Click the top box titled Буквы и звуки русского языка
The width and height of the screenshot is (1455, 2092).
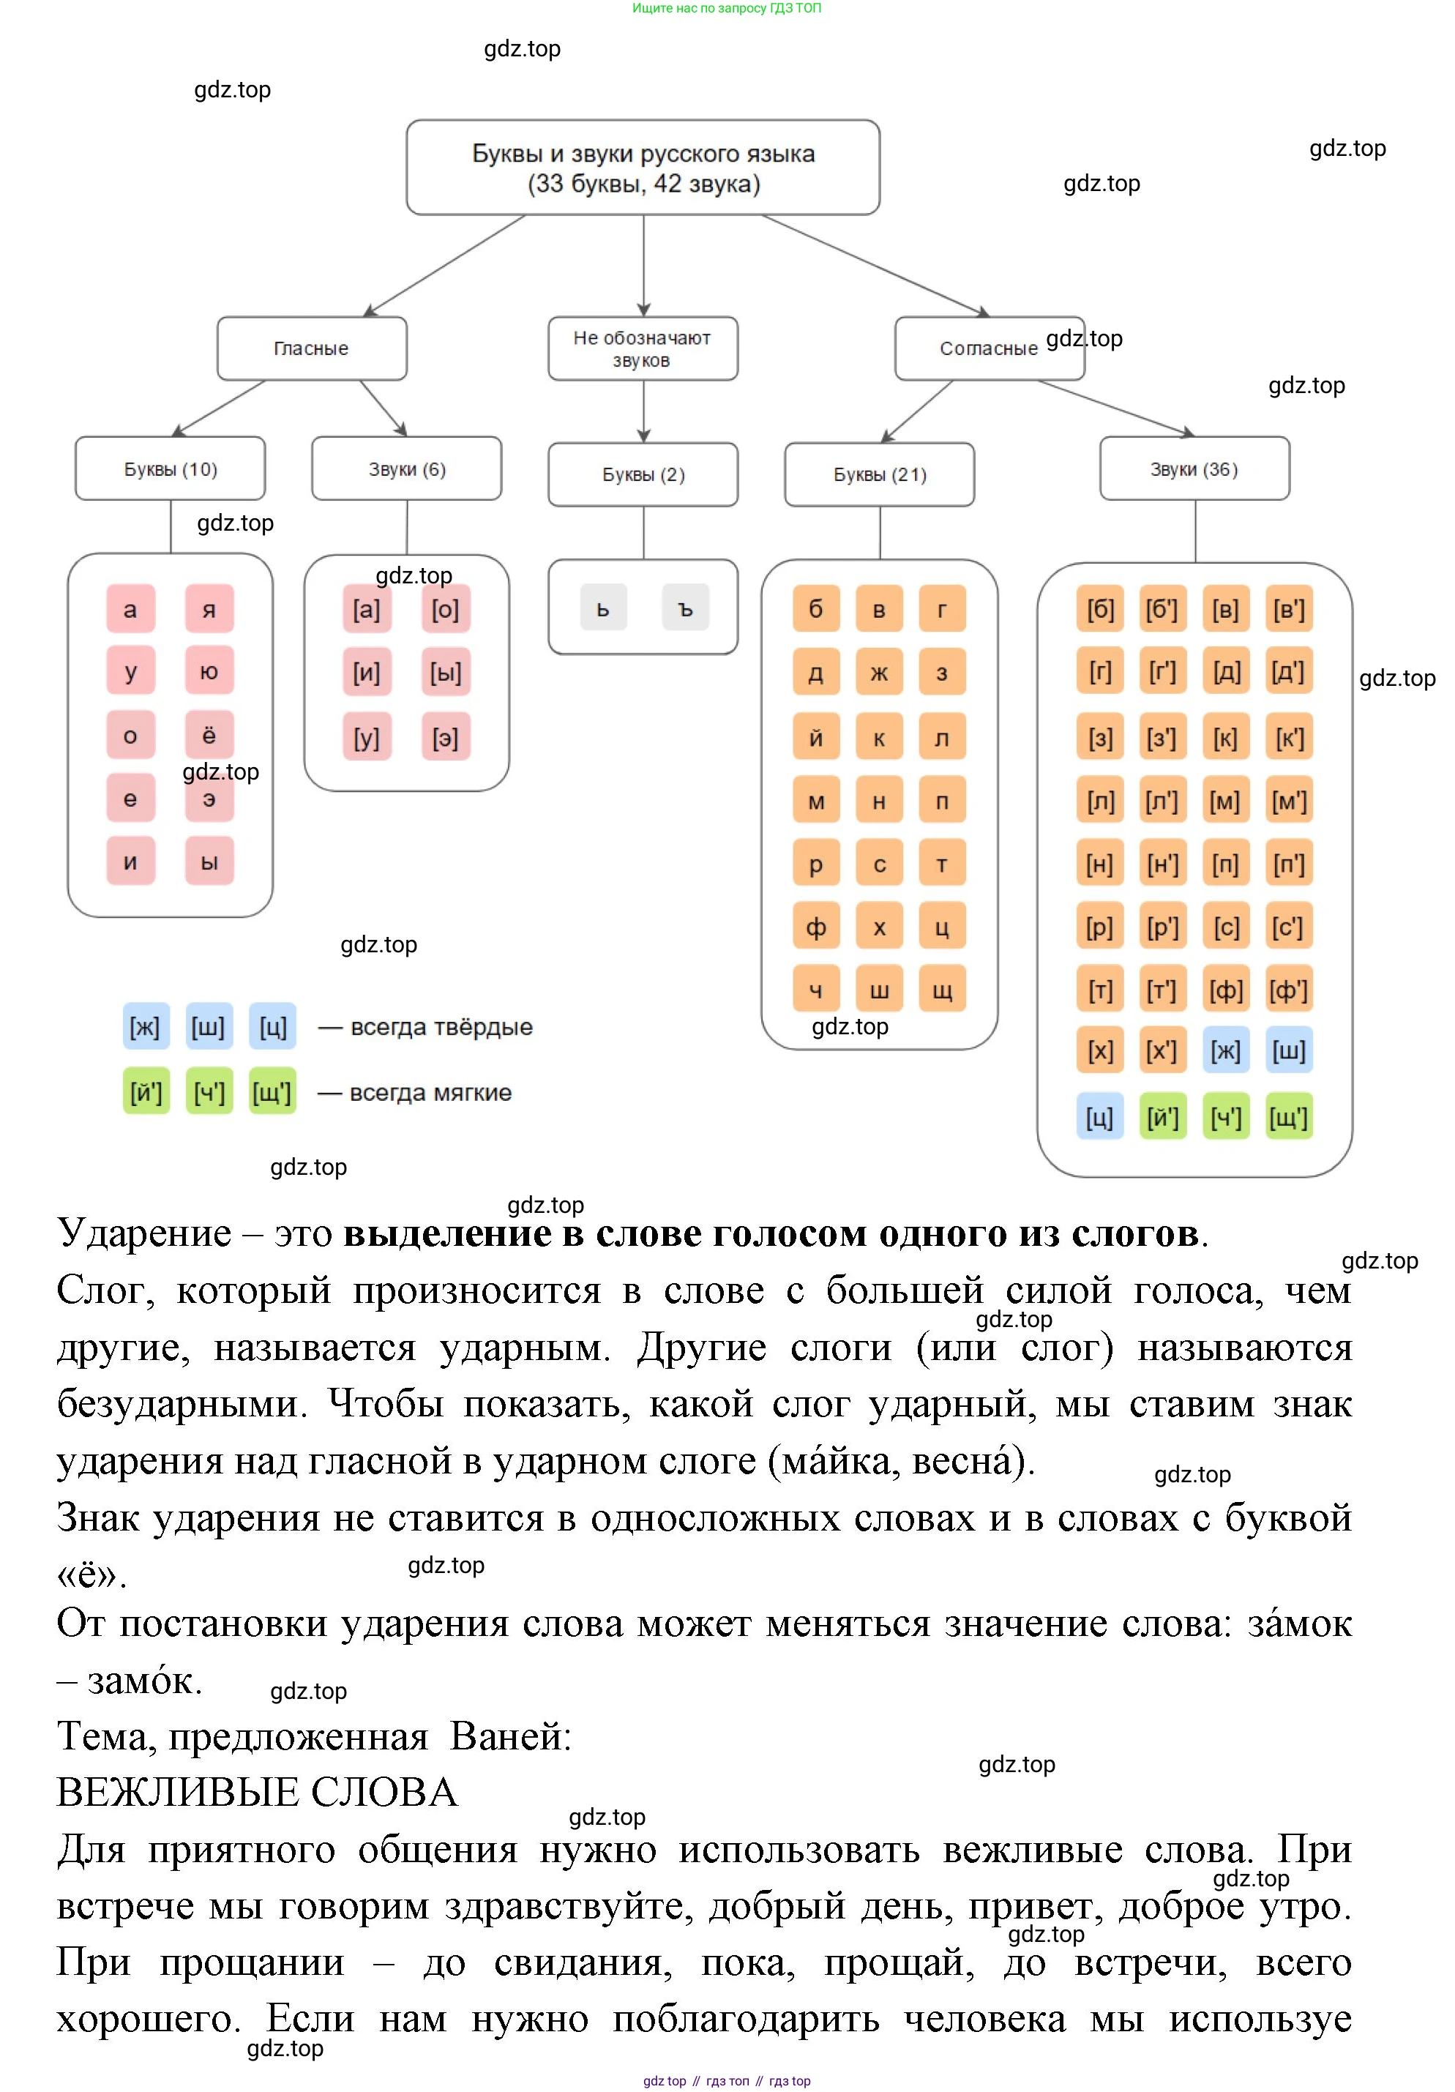pos(643,168)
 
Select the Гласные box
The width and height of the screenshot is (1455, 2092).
pos(312,348)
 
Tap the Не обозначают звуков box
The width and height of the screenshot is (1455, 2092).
pos(643,348)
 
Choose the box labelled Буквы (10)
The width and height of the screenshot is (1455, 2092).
pos(171,469)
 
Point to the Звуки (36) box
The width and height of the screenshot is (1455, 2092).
pos(1194,469)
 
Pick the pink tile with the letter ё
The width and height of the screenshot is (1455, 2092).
pos(209,734)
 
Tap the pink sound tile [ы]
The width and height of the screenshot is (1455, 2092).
pos(446,673)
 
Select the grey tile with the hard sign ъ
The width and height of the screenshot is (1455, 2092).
pos(685,609)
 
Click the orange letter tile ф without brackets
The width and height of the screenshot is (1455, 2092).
pos(815,927)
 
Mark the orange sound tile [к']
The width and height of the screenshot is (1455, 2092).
pos(1288,737)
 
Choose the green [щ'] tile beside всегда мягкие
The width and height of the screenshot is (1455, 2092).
pos(272,1091)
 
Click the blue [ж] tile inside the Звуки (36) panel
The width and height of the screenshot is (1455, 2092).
pos(1225,1051)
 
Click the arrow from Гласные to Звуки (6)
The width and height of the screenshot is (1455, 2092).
pos(383,407)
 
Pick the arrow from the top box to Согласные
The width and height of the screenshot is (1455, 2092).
pos(875,265)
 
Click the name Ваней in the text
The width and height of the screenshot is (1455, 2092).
pos(509,1736)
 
